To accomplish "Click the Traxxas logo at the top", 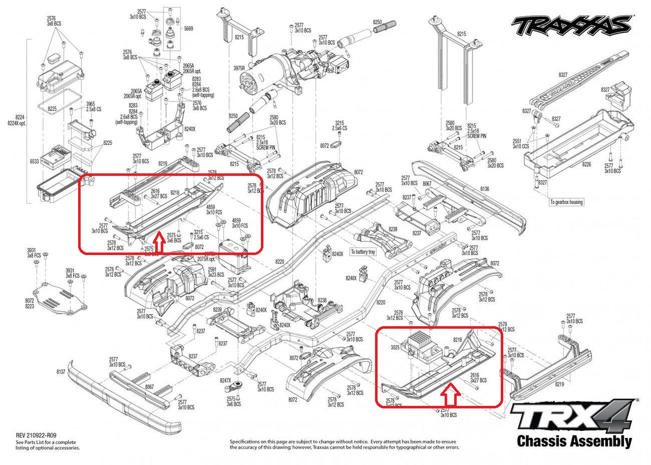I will pyautogui.click(x=572, y=24).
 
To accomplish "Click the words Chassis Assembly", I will pyautogui.click(x=575, y=441).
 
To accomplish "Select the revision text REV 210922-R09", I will pyautogui.click(x=32, y=436).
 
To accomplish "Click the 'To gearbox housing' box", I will pyautogui.click(x=566, y=202).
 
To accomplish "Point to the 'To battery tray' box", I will pyautogui.click(x=362, y=252).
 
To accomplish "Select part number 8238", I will pyautogui.click(x=322, y=300).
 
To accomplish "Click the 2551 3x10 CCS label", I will pyautogui.click(x=520, y=143).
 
